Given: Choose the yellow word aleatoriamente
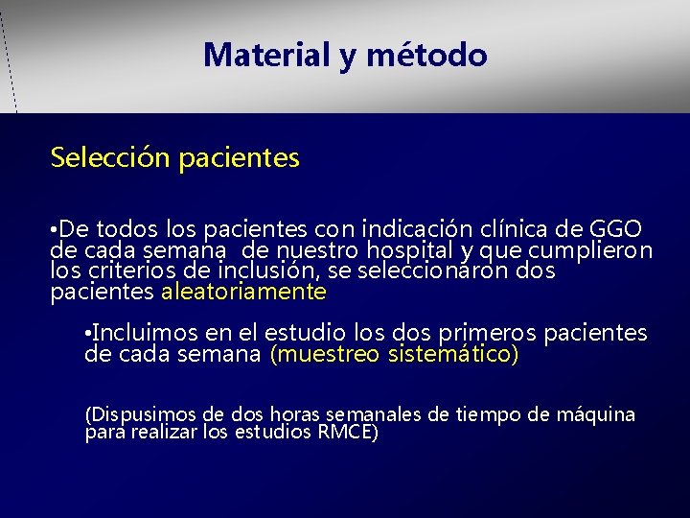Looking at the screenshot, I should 244,291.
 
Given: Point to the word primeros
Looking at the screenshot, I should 486,334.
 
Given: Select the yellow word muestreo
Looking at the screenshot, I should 327,354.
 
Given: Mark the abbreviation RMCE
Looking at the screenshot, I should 346,432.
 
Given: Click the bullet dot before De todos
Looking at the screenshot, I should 55,231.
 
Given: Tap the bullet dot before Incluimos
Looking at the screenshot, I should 88,335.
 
